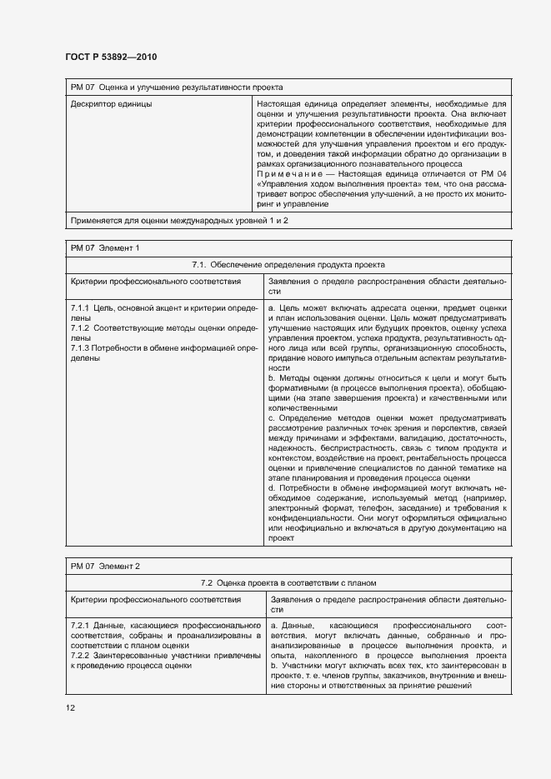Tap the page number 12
click(x=70, y=708)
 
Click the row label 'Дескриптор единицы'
click(x=111, y=104)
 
